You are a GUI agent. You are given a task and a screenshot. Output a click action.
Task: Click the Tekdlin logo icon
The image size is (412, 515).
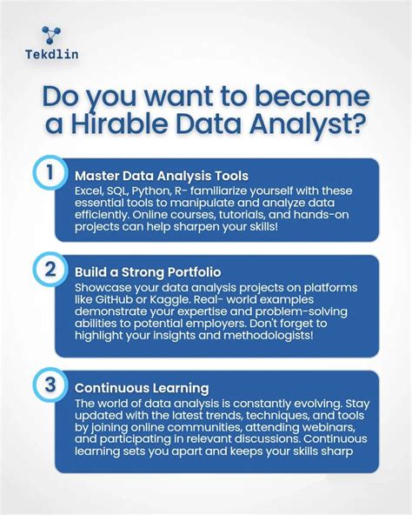pyautogui.click(x=44, y=37)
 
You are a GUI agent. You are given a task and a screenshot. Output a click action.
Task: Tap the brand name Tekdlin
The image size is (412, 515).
pyautogui.click(x=45, y=64)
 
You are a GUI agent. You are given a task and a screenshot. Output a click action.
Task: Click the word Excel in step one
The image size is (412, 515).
pyautogui.click(x=90, y=191)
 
